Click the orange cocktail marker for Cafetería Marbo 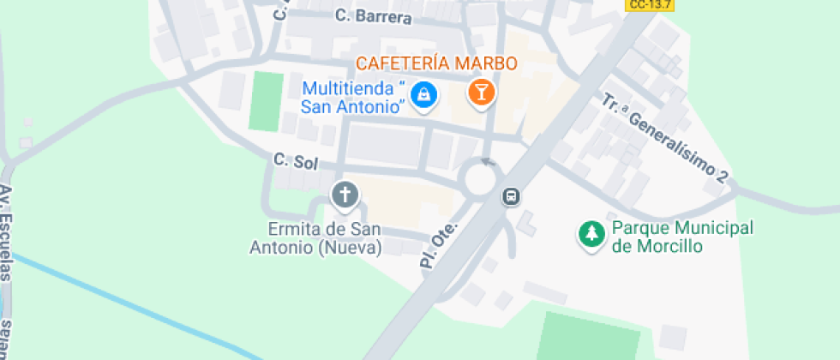coord(481,93)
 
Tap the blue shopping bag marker coord(423,94)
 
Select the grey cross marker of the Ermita coord(345,195)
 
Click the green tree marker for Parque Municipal coord(591,235)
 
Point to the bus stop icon coord(511,197)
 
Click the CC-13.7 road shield coord(649,5)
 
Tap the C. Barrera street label coord(374,16)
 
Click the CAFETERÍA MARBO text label coord(436,63)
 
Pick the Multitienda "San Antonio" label coord(352,98)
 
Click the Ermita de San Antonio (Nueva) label coord(315,238)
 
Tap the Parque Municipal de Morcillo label coord(682,237)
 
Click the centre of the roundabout coord(481,179)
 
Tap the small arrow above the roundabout coord(489,160)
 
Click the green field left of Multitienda coord(266,102)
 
